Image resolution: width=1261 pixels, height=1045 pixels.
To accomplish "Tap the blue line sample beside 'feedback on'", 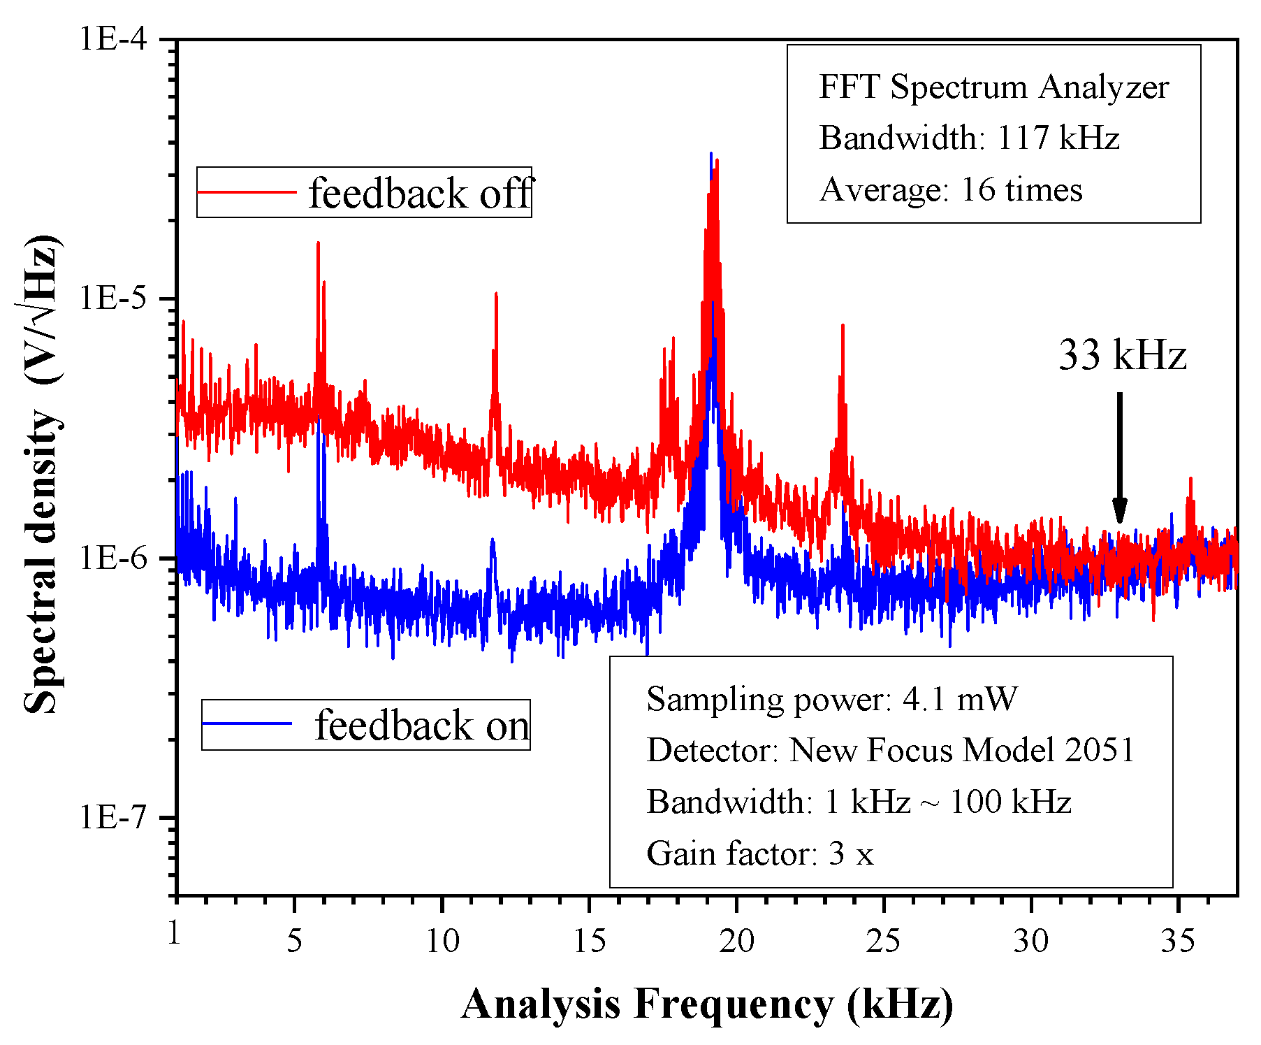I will pos(247,724).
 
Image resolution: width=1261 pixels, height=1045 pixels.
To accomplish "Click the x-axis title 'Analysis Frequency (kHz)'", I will pos(707,1004).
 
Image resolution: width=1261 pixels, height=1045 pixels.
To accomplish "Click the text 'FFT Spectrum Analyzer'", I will pos(993,87).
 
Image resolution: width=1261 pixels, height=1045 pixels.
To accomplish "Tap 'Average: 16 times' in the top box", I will pos(950,189).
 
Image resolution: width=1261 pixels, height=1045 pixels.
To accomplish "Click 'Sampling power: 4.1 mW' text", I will pos(831,699).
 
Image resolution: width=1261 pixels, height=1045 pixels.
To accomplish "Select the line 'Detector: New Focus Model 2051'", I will pos(890,750).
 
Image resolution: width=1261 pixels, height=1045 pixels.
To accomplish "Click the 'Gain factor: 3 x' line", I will pos(759,853).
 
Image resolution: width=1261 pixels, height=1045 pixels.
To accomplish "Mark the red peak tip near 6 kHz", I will pos(318,244).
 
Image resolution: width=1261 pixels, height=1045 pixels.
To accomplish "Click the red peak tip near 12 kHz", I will pos(496,294).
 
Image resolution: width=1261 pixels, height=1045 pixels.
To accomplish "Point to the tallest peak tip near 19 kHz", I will pos(711,154).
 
